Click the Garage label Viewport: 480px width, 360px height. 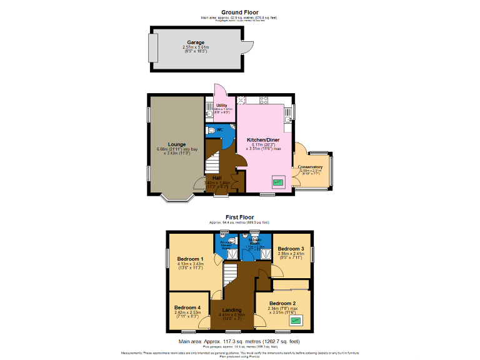pyautogui.click(x=196, y=42)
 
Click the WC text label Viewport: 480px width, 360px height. pyautogui.click(x=220, y=129)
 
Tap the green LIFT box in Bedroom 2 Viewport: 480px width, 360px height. pyautogui.click(x=296, y=321)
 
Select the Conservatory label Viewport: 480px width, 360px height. pyautogui.click(x=310, y=167)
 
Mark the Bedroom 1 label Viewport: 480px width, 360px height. pyautogui.click(x=190, y=259)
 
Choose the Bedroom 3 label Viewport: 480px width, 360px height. pyautogui.click(x=290, y=248)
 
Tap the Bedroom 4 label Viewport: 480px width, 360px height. pyautogui.click(x=187, y=307)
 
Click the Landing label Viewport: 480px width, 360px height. pyautogui.click(x=232, y=310)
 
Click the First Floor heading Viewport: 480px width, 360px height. pyautogui.click(x=239, y=217)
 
